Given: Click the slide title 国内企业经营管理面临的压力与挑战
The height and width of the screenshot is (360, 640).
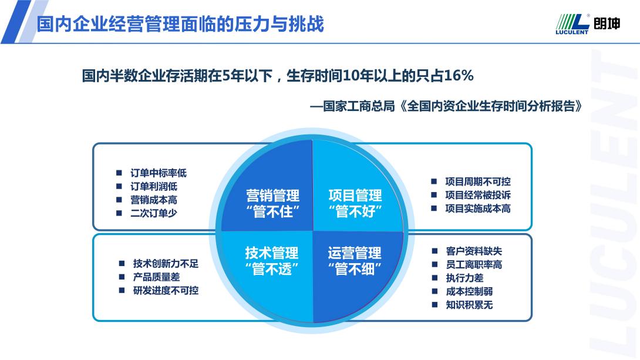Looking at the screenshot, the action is (180, 24).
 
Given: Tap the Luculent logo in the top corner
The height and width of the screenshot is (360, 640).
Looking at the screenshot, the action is (588, 24).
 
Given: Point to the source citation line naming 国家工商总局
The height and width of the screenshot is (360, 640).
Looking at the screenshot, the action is (446, 106).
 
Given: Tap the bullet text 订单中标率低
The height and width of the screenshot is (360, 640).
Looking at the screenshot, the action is (159, 173).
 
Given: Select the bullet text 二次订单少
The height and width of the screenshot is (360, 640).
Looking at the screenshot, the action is (153, 213).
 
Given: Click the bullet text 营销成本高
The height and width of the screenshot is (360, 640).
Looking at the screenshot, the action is (153, 200).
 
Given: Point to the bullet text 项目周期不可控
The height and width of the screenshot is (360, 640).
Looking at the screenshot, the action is (478, 181).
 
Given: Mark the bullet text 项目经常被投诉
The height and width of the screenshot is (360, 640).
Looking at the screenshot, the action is (478, 195).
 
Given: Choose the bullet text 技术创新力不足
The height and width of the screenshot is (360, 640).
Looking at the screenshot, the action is (166, 264).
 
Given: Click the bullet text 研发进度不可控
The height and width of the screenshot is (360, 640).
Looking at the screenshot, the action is (166, 290).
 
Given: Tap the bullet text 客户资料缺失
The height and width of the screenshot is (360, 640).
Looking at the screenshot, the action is (474, 251).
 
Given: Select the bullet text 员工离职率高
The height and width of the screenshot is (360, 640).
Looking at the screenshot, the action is (474, 264).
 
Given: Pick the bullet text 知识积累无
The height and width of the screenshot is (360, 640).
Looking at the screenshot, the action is (469, 305).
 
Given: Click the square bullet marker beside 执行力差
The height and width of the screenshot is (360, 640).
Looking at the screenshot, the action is (434, 278).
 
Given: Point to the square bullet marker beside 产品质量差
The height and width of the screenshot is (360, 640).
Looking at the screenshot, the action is (122, 277).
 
